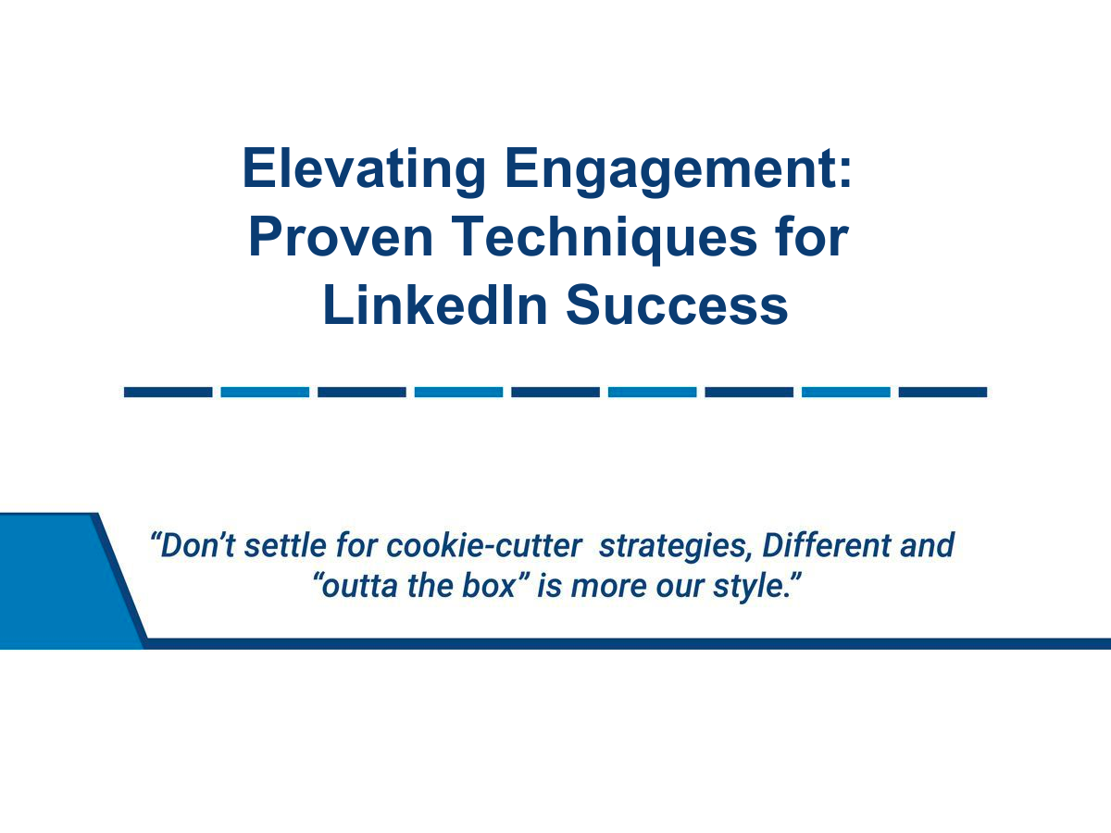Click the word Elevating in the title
point(361,168)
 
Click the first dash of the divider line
point(168,392)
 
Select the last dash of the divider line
point(942,392)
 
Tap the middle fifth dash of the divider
point(555,392)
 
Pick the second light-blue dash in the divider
point(458,392)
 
